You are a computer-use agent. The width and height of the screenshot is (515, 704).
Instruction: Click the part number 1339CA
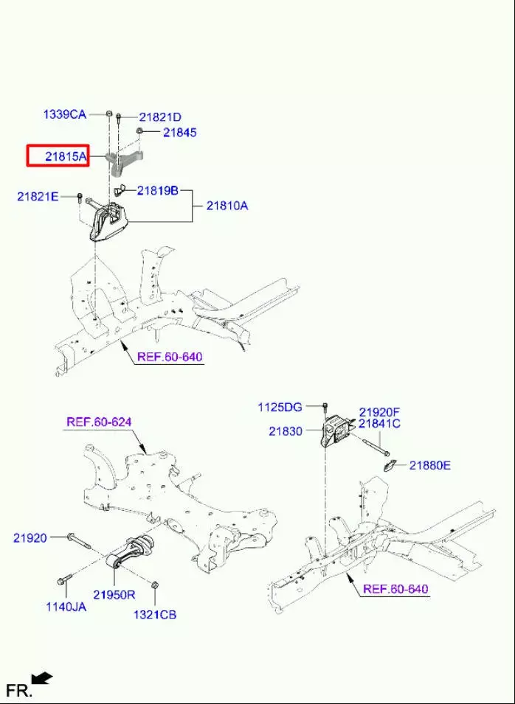[64, 114]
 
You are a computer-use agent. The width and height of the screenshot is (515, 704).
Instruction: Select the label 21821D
[160, 118]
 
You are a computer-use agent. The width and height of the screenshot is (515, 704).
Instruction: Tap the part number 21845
[180, 133]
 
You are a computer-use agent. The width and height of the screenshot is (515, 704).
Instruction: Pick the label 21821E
[38, 197]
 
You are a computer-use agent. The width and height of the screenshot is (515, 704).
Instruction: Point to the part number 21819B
[158, 191]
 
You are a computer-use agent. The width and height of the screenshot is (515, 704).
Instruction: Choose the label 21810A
[227, 206]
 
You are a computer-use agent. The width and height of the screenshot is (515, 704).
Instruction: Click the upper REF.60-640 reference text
[170, 357]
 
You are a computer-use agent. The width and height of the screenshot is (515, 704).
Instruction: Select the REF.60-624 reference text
[99, 422]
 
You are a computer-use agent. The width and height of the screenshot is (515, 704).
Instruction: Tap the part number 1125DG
[280, 407]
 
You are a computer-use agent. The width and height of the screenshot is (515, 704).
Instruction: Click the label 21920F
[379, 412]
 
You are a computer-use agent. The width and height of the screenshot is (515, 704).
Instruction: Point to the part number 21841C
[380, 423]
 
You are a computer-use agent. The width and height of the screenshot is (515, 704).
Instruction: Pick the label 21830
[286, 431]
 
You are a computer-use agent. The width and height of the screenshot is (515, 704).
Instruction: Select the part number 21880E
[429, 466]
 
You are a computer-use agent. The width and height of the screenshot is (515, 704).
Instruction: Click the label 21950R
[114, 595]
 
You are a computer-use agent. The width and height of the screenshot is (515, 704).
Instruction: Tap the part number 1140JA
[66, 607]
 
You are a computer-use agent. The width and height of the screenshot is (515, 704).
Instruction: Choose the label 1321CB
[155, 614]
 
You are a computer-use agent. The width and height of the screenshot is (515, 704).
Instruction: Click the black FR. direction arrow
[42, 678]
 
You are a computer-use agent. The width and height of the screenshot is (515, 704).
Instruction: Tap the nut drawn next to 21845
[139, 130]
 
